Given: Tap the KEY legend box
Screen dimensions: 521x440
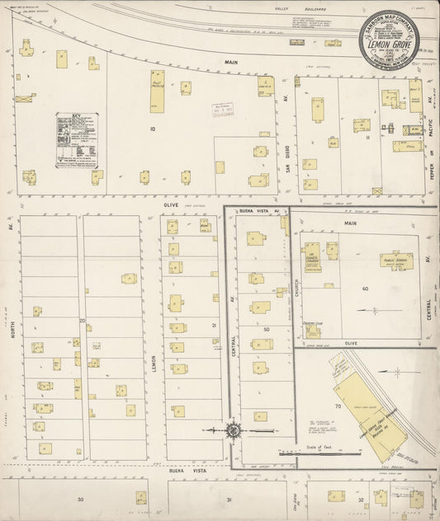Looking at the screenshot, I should pyautogui.click(x=77, y=140).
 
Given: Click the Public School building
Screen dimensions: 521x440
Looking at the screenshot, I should pyautogui.click(x=396, y=260).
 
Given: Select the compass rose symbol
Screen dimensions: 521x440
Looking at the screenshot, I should pyautogui.click(x=234, y=429).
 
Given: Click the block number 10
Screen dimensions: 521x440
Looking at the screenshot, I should pyautogui.click(x=152, y=129).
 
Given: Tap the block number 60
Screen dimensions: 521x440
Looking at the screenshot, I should pyautogui.click(x=364, y=289).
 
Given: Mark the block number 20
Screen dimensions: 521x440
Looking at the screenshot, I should pyautogui.click(x=82, y=320).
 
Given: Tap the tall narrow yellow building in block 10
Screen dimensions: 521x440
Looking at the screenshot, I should pyautogui.click(x=157, y=91).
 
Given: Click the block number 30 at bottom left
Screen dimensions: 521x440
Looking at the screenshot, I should pyautogui.click(x=80, y=500).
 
